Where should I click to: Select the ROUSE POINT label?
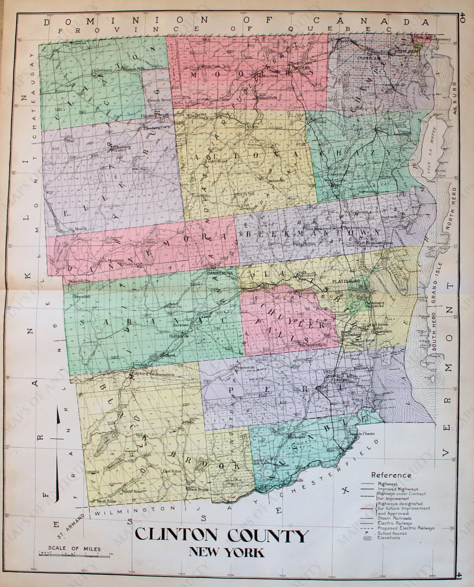[407, 51]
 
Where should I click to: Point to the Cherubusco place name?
[102, 70]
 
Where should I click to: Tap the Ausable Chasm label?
[362, 433]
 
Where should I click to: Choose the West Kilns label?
[107, 501]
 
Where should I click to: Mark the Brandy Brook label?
[160, 100]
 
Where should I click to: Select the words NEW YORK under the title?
[227, 552]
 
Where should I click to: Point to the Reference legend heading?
[391, 475]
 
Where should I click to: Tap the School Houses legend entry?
[392, 533]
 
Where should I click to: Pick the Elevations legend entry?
[389, 538]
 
